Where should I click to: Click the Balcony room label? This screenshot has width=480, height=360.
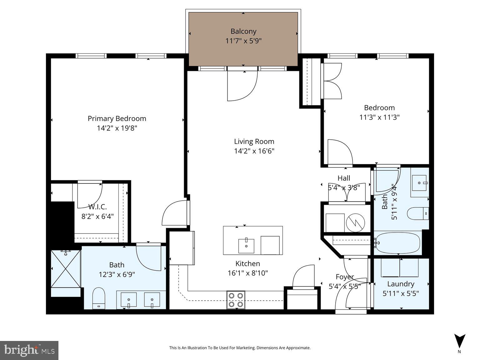click(243, 31)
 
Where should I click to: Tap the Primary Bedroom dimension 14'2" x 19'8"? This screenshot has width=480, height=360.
click(117, 128)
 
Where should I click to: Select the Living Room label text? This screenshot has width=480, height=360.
click(254, 141)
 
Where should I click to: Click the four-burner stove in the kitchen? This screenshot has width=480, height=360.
click(236, 300)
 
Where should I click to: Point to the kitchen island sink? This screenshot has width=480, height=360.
click(246, 246)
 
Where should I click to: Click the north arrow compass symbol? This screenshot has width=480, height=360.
click(459, 341)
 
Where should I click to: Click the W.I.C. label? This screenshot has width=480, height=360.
click(97, 207)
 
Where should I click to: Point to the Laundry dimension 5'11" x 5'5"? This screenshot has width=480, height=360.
click(401, 293)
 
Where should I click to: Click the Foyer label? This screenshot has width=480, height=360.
click(345, 277)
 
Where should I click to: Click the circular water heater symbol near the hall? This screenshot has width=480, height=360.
click(355, 222)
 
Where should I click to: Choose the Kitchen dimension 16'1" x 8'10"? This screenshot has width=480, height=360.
click(247, 273)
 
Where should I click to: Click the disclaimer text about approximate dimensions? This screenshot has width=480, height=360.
click(240, 348)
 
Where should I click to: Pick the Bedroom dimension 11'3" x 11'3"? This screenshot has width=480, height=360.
click(379, 117)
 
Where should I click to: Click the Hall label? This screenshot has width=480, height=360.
click(344, 178)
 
